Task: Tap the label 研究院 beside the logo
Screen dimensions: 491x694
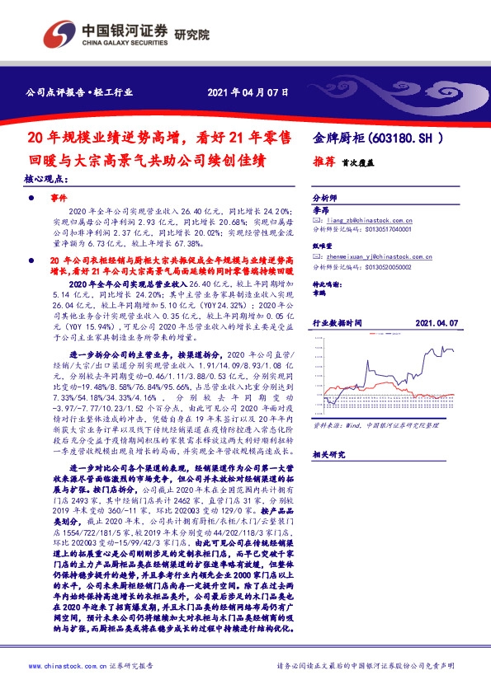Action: (192, 35)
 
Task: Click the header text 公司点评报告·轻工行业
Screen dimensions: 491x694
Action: (79, 93)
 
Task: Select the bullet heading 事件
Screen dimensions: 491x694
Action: (57, 199)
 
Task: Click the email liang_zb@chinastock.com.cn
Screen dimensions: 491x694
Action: (370, 221)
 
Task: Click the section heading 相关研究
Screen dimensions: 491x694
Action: (328, 453)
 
